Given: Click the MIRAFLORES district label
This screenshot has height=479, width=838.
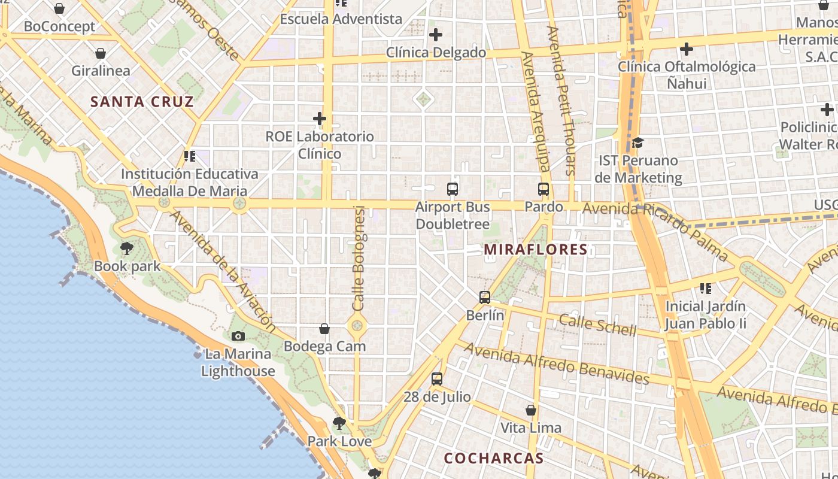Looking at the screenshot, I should (x=536, y=250).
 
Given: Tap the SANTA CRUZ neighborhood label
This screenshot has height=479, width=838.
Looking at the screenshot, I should (x=142, y=102).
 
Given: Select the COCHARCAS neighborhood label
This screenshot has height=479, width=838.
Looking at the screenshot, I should (x=494, y=459).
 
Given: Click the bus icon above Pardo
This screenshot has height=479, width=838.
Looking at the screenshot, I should (x=544, y=189).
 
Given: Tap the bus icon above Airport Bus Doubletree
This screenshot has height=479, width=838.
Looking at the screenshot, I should (x=453, y=189).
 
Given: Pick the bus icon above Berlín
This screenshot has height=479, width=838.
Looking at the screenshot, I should (x=485, y=297).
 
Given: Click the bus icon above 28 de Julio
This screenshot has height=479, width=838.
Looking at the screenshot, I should (x=437, y=378).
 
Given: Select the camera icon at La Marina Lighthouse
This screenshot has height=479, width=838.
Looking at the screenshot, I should (x=238, y=336).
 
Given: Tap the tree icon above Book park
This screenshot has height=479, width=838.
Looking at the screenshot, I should (x=127, y=248).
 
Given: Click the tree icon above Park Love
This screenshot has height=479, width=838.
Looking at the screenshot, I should (x=339, y=423).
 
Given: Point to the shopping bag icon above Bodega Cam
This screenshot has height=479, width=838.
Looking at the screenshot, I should (x=324, y=329).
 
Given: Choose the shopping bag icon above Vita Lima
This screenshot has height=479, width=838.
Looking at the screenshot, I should (x=531, y=410).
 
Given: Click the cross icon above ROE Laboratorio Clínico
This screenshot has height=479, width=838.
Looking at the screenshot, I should (x=320, y=119).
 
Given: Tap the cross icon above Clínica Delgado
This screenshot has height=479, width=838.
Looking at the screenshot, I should (x=436, y=35).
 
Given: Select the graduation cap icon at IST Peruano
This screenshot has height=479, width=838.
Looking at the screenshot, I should (x=637, y=143).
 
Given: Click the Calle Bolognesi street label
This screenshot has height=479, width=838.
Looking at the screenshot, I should (x=359, y=258).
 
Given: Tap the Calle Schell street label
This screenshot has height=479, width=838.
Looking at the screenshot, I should (x=597, y=325).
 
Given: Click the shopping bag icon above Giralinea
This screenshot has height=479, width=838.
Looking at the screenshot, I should (x=101, y=53).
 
